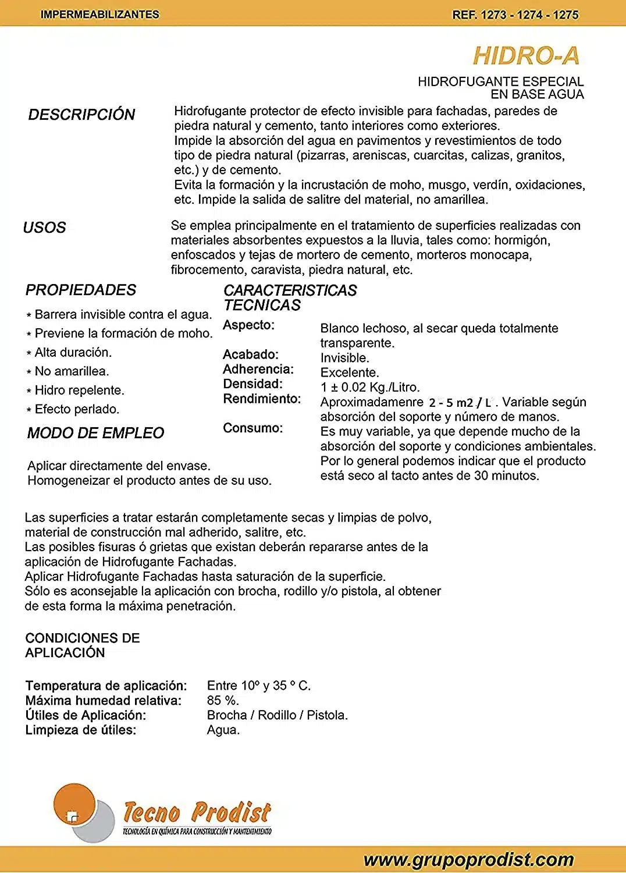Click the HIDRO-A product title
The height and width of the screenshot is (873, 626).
(x=526, y=56)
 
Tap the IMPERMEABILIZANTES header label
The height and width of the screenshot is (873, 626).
(x=99, y=15)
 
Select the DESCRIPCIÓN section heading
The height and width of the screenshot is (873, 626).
(x=81, y=115)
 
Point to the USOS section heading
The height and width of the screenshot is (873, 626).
(x=44, y=228)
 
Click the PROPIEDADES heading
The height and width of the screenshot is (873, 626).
(x=81, y=290)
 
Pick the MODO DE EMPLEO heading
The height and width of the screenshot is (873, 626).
(x=95, y=433)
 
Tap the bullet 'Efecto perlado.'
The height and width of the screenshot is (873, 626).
(x=77, y=409)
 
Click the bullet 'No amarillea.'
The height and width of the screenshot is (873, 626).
(x=72, y=371)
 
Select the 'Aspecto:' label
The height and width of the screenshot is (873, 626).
(x=248, y=325)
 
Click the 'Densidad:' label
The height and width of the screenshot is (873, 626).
(x=252, y=384)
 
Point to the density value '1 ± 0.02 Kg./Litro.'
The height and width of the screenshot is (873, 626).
(x=370, y=388)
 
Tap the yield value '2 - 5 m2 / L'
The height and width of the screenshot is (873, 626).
(x=460, y=403)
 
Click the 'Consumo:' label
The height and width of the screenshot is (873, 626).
(x=252, y=428)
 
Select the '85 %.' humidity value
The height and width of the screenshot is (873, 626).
(x=223, y=701)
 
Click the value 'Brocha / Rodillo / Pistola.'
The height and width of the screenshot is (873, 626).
(x=277, y=715)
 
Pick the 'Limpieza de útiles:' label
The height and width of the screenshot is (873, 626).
(x=80, y=730)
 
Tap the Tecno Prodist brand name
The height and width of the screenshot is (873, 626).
(x=197, y=812)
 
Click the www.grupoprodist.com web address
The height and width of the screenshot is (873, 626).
(x=468, y=860)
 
